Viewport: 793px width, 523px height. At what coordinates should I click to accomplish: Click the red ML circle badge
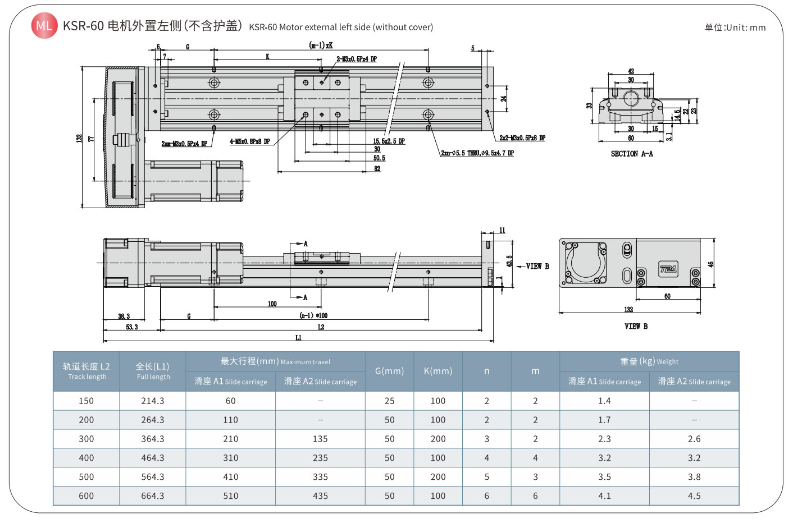point(44,26)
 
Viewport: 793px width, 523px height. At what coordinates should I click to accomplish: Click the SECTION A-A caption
point(631,154)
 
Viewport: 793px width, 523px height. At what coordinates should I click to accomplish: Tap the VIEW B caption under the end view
point(636,326)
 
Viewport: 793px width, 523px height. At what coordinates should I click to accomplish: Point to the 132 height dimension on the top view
point(79,137)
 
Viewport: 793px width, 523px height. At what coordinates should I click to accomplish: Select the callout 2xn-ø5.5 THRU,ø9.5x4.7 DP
point(477,153)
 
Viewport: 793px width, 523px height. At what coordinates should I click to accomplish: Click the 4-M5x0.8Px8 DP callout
point(249,141)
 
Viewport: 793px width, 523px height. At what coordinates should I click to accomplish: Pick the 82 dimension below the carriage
point(377,168)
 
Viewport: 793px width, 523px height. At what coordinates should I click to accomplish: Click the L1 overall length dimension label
point(298,337)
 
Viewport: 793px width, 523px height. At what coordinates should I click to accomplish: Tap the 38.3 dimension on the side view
point(124,316)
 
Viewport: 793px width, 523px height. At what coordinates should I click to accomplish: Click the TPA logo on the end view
point(668,269)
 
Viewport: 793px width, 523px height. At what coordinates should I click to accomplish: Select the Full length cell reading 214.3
point(152,401)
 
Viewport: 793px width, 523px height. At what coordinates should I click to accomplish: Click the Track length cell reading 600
point(86,496)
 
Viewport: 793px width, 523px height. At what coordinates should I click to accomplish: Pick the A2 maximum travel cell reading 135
point(320,439)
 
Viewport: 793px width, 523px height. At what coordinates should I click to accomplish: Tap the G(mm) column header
point(389,371)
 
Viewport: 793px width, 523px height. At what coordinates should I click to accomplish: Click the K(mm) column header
point(437,371)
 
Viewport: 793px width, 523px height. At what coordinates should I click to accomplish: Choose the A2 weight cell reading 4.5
point(694,496)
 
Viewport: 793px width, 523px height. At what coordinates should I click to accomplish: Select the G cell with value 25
point(389,401)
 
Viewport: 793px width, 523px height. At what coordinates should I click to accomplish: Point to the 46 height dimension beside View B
point(710,264)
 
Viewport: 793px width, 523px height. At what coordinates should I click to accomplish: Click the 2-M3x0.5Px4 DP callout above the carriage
point(356,59)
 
